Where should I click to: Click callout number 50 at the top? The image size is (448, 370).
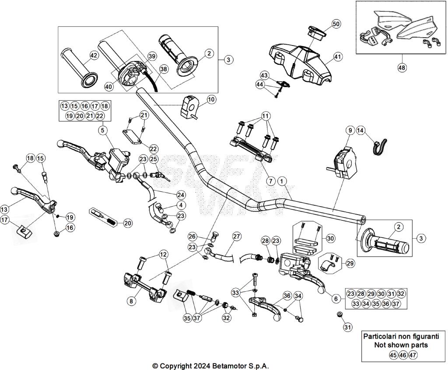tap(336, 24)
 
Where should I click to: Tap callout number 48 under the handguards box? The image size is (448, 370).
tap(402, 68)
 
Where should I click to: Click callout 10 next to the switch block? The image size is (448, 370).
tap(211, 99)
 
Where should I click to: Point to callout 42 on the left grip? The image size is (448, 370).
tap(93, 55)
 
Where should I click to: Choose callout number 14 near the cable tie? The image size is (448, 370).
tap(360, 130)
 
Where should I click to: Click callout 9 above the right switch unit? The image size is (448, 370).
tap(350, 130)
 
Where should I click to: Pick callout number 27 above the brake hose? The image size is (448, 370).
tap(237, 236)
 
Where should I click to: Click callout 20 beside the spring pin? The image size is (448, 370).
tap(127, 223)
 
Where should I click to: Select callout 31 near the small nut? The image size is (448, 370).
tap(347, 327)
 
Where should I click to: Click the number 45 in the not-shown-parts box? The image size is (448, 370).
tap(393, 355)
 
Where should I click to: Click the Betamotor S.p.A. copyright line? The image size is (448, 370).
tap(210, 366)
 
